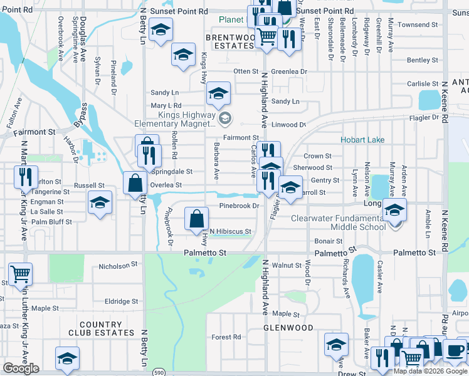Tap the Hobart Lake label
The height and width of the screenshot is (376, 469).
362,140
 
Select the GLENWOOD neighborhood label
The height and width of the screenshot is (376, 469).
288,328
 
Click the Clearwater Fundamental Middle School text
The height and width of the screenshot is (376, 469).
338,222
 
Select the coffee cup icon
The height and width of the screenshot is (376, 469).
455,349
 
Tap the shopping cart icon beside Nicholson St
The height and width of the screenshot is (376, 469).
21,273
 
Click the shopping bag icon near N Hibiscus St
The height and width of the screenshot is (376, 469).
197,219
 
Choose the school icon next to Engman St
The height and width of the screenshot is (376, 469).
100,202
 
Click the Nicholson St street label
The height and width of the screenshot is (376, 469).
119,266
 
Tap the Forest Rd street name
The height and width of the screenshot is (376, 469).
226,337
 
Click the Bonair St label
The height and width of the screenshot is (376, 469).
329,241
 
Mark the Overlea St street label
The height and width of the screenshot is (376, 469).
166,185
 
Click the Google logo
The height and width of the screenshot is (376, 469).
21,368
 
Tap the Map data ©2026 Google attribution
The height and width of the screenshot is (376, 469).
430,371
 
